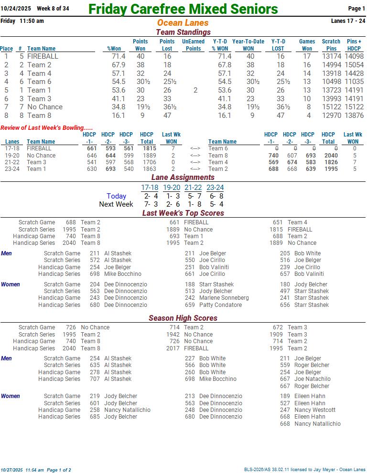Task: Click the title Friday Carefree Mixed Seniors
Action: click(183, 9)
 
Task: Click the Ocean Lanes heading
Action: click(183, 23)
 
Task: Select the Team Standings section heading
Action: click(183, 32)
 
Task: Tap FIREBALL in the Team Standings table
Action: click(43, 56)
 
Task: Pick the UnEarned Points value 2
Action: click(195, 90)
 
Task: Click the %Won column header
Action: click(116, 49)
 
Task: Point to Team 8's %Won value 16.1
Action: click(119, 116)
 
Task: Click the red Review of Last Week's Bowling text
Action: click(47, 128)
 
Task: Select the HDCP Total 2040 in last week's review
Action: click(331, 156)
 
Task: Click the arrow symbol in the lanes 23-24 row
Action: click(195, 169)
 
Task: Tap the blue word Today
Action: click(117, 196)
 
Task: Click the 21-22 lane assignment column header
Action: click(193, 188)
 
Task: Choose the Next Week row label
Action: click(116, 204)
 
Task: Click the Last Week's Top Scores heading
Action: click(183, 213)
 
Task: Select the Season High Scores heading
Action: click(183, 318)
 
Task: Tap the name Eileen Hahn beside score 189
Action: click(310, 396)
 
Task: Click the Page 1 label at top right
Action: click(356, 9)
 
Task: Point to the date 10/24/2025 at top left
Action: click(15, 9)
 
